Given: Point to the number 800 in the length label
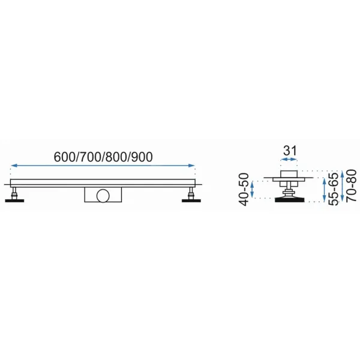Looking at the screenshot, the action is point(116,157).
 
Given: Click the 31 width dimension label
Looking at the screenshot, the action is point(290,151).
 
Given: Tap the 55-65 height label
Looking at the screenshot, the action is point(334,189).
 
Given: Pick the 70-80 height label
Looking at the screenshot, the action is point(351,185).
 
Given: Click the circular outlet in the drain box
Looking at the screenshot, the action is point(103,196).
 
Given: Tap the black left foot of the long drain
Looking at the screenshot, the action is point(14,200).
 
